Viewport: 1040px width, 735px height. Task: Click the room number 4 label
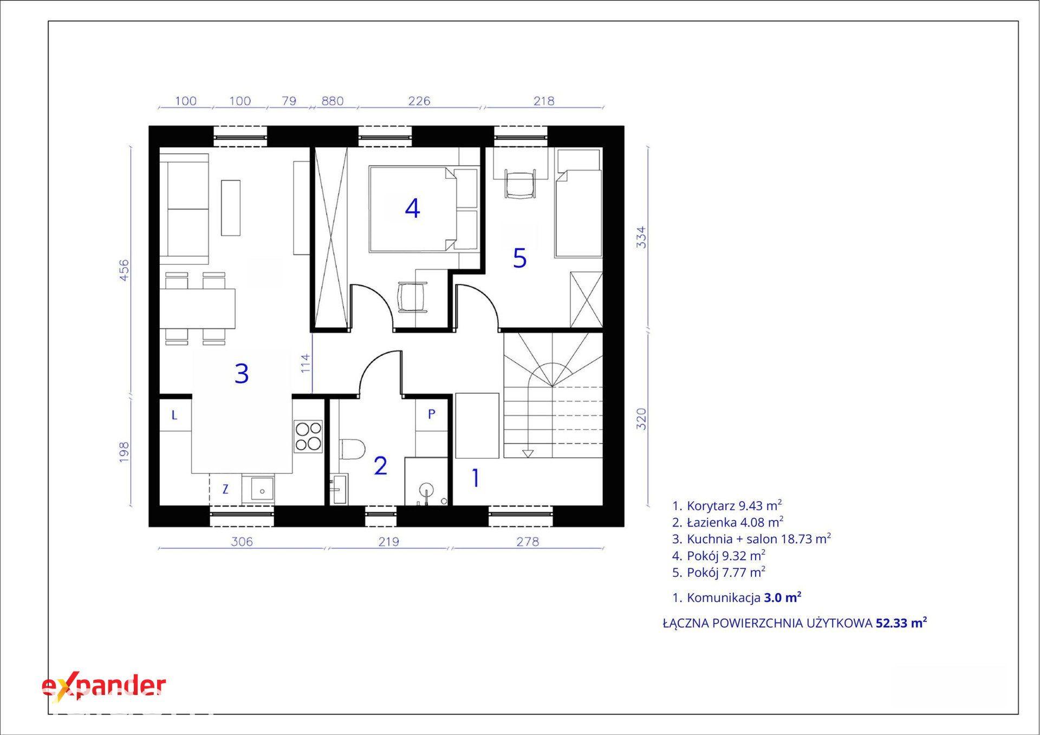pyautogui.click(x=412, y=209)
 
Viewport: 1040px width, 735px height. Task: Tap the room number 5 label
pyautogui.click(x=519, y=258)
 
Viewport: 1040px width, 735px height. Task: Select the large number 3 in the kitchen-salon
pyautogui.click(x=242, y=373)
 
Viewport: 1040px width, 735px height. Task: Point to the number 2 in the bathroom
pyautogui.click(x=380, y=466)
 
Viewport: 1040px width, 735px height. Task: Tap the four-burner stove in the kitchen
pyautogui.click(x=308, y=437)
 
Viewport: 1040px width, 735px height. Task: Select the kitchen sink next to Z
pyautogui.click(x=258, y=490)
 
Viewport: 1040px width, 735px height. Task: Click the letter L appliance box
pyautogui.click(x=175, y=415)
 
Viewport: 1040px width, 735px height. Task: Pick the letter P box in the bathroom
pyautogui.click(x=432, y=414)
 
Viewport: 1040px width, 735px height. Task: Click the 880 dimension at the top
pyautogui.click(x=333, y=101)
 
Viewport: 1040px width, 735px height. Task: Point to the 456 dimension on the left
pyautogui.click(x=124, y=270)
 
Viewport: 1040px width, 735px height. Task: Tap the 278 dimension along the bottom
pyautogui.click(x=528, y=541)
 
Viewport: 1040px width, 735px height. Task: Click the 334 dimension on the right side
pyautogui.click(x=641, y=237)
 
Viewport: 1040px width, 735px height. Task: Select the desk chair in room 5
pyautogui.click(x=520, y=184)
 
